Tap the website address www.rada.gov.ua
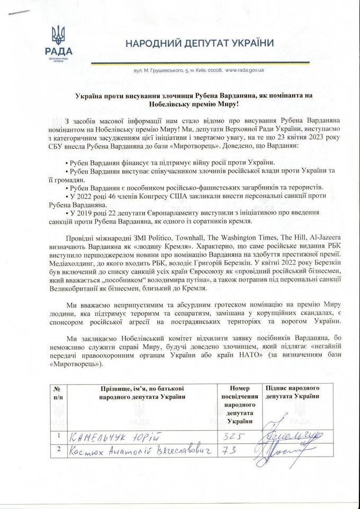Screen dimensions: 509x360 [x=246, y=70]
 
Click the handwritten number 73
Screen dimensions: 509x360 [x=230, y=451]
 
